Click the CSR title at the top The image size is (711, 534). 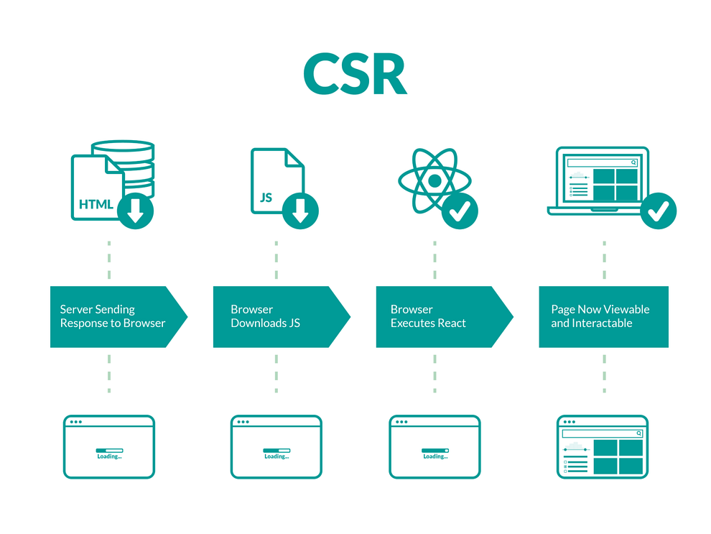[x=355, y=74]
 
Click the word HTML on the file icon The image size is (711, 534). [x=96, y=204]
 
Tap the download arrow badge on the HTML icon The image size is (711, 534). [x=136, y=211]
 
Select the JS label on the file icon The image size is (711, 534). [x=266, y=197]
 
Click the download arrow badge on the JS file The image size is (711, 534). [x=300, y=211]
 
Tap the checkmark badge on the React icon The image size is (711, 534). [x=460, y=211]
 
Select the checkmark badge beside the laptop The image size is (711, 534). [x=658, y=211]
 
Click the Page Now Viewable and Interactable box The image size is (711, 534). [x=603, y=317]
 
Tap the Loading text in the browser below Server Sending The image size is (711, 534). [x=109, y=456]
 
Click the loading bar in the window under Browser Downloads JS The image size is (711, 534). [x=276, y=451]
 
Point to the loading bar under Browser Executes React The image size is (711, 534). [x=435, y=451]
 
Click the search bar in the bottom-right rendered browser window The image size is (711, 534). [x=602, y=433]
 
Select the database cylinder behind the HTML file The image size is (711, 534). [x=133, y=162]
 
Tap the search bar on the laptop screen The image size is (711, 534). [x=602, y=162]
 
